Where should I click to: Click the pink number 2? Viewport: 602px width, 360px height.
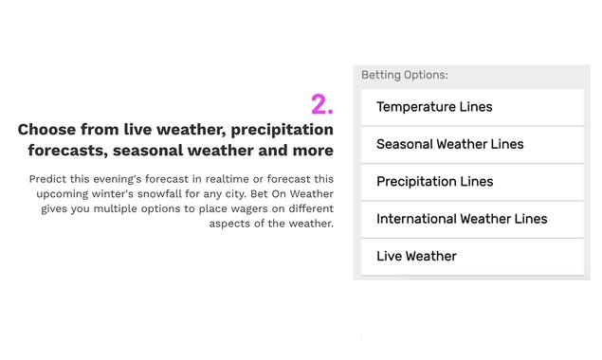point(321,103)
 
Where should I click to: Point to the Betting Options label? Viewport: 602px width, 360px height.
point(405,75)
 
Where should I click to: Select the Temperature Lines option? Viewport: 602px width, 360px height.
point(434,107)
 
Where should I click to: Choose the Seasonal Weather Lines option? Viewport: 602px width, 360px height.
point(449,144)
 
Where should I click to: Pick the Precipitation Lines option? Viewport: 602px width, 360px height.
point(434,181)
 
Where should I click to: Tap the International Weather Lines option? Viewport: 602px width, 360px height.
point(462,219)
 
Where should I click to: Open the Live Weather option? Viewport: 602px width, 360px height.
point(416,256)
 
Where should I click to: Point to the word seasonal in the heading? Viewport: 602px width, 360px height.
point(150,151)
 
